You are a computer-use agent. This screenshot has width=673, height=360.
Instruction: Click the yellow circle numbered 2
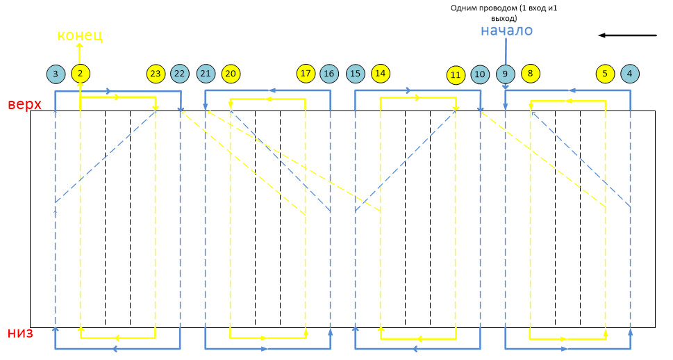[x=81, y=73]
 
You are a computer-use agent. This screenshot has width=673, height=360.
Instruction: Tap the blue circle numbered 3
[x=56, y=73]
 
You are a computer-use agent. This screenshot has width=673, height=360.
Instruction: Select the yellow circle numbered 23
[x=156, y=73]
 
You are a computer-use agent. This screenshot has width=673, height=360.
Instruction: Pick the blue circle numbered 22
[x=180, y=73]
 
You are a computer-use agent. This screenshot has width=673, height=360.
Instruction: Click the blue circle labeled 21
[x=206, y=73]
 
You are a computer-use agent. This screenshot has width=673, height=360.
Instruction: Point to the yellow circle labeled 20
[x=231, y=73]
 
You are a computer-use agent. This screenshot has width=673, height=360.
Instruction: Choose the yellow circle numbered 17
[x=305, y=73]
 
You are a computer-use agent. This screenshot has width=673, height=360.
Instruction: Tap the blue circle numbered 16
[x=329, y=73]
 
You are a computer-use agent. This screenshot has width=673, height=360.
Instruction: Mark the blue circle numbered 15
[x=355, y=73]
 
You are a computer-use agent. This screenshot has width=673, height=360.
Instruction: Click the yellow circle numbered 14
[x=380, y=72]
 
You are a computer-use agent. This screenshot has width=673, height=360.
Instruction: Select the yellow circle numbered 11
[x=456, y=74]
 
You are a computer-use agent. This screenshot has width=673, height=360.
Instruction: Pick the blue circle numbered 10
[x=480, y=74]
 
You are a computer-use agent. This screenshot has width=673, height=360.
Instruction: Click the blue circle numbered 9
[x=506, y=73]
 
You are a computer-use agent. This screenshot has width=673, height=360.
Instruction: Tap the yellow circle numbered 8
[x=530, y=72]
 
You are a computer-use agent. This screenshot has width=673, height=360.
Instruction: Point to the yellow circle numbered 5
[x=605, y=73]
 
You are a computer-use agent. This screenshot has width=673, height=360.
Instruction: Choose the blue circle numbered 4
[x=630, y=73]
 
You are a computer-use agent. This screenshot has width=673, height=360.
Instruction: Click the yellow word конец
[x=79, y=35]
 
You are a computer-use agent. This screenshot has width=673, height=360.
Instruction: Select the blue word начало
[x=506, y=31]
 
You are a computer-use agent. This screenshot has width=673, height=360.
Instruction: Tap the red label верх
[x=24, y=105]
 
